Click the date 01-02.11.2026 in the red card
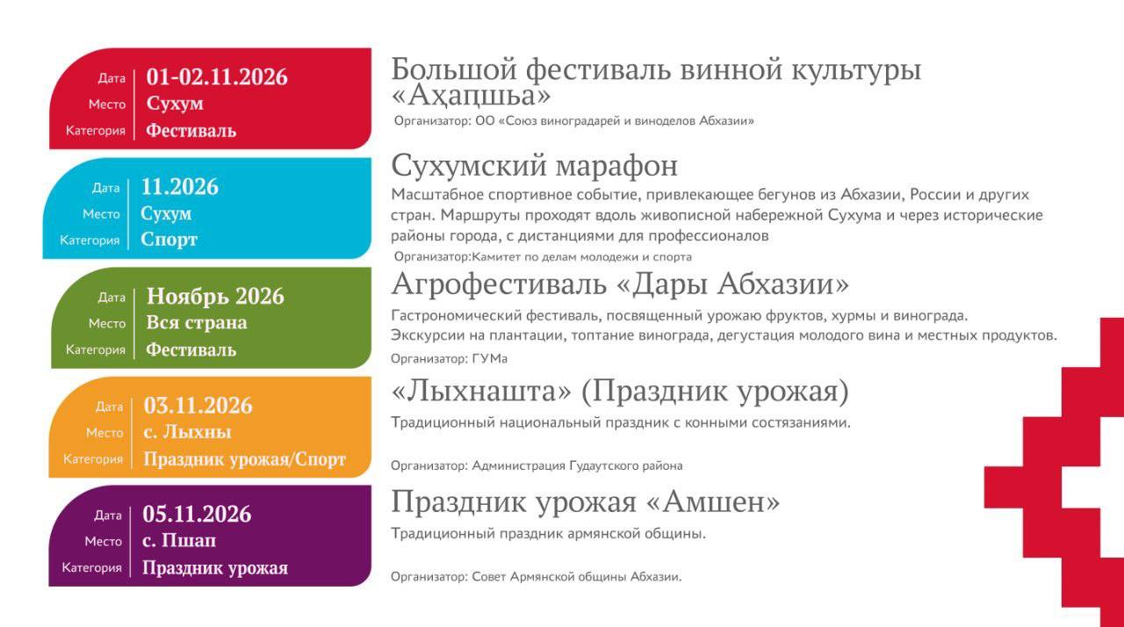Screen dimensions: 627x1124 [217, 77]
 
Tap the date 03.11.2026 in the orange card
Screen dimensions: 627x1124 [198, 406]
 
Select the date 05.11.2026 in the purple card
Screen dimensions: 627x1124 [197, 514]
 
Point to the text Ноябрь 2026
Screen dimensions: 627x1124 [215, 297]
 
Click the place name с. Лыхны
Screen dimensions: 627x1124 [187, 432]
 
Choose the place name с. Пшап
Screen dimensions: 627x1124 [179, 540]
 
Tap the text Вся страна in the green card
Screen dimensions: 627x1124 [197, 322]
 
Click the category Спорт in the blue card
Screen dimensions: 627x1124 [169, 240]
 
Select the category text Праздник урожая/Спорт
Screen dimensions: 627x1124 [244, 459]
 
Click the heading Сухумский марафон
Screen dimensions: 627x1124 [534, 166]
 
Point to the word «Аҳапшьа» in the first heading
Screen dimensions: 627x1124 [471, 94]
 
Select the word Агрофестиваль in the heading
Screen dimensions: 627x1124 [500, 285]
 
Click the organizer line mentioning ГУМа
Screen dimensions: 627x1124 [449, 358]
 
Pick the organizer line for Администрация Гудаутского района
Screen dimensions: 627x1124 [536, 465]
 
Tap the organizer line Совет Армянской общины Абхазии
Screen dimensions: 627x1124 [536, 577]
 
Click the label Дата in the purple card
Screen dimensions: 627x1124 [108, 515]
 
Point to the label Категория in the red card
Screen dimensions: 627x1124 [96, 131]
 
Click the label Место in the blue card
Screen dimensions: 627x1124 [101, 214]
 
